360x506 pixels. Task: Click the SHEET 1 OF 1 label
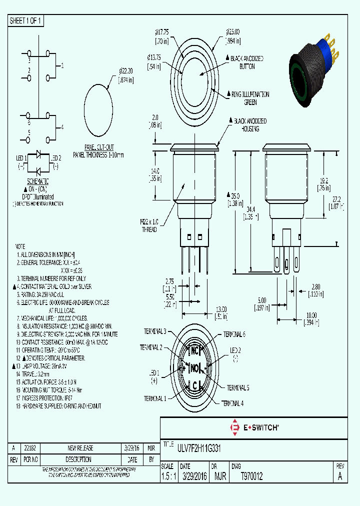(26, 21)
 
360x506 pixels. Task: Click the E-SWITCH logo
(253, 427)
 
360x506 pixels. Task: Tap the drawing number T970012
(251, 476)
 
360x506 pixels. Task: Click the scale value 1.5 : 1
(167, 476)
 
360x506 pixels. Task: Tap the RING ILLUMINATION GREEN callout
(249, 97)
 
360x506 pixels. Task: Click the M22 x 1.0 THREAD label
(149, 226)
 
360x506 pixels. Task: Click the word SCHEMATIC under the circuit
(37, 181)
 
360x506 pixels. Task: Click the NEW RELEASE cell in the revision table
(80, 448)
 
